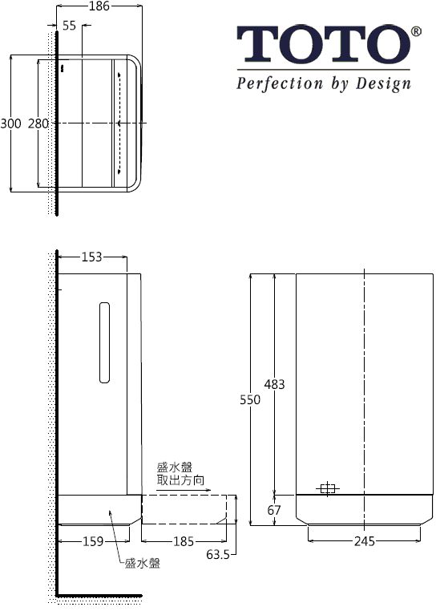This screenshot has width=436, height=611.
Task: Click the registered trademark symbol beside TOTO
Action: click(415, 31)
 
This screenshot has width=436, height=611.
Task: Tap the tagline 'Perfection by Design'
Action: click(323, 83)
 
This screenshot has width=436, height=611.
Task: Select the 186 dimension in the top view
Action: click(99, 6)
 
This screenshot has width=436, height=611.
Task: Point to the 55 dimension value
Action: click(69, 26)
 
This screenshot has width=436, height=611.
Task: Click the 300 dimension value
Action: click(10, 123)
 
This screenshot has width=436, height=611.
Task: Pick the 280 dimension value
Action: click(38, 123)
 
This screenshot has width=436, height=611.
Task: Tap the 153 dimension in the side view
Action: click(92, 257)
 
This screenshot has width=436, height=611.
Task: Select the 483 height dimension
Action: click(274, 384)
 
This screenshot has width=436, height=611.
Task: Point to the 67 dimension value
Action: click(274, 511)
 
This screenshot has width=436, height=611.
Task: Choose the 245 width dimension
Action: click(365, 541)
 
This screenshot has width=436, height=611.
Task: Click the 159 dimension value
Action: click(93, 541)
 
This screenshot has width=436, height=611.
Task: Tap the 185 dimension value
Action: click(184, 541)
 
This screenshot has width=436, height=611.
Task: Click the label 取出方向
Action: click(180, 481)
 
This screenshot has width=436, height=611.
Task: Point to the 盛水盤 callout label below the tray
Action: click(143, 564)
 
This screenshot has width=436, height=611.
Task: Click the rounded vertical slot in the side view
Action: click(103, 342)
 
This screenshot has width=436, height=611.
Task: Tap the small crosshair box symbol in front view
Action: click(327, 488)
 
